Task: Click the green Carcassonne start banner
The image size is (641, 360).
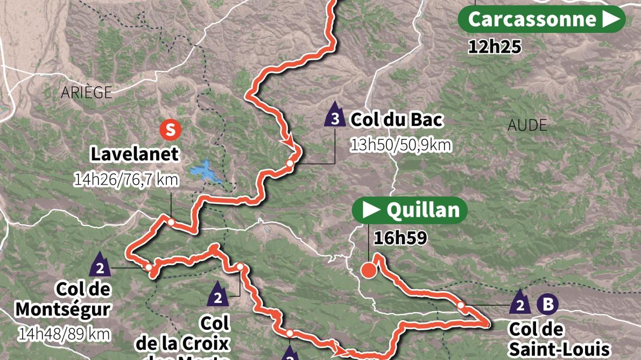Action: point(541,19)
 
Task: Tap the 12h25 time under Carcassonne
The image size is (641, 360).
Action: point(495,47)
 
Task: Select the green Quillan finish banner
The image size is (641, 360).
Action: point(410,210)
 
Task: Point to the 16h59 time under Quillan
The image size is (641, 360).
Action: point(400,238)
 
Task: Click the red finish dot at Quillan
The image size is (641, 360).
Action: point(369,270)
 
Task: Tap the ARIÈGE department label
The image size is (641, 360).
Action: point(87,93)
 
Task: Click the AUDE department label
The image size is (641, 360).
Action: point(527,125)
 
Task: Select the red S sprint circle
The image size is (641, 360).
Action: point(170,130)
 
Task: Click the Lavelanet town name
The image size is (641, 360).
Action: point(134,154)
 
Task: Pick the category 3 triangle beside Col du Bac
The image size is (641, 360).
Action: point(335,116)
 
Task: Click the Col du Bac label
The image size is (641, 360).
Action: point(396,119)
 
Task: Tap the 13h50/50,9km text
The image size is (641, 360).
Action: point(401,145)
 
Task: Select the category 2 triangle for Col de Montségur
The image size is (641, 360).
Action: point(100,265)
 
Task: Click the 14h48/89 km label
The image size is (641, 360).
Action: point(64,334)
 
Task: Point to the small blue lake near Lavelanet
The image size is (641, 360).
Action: point(207,171)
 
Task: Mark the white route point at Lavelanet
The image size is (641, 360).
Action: point(171,222)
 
